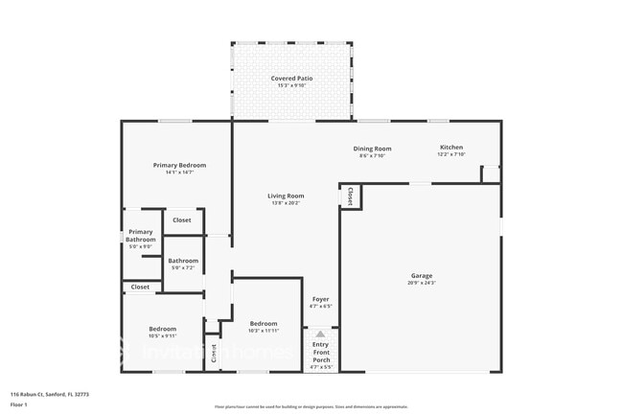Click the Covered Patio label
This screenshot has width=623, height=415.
click(x=291, y=79)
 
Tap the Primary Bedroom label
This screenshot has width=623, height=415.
click(x=179, y=165)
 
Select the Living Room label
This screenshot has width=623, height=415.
click(x=285, y=196)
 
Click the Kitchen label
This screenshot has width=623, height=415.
click(x=450, y=148)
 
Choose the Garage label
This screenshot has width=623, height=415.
click(x=422, y=275)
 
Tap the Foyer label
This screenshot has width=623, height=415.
click(x=321, y=300)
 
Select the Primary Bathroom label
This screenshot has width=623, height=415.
click(x=141, y=235)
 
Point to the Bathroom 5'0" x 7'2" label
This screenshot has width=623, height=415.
click(x=183, y=261)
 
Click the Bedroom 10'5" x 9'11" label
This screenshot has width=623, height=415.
click(x=161, y=328)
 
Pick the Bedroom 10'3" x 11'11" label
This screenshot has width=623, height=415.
click(x=264, y=323)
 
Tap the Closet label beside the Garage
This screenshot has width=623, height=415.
click(x=350, y=196)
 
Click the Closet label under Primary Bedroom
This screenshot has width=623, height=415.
click(x=181, y=220)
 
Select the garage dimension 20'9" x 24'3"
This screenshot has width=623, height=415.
click(x=422, y=284)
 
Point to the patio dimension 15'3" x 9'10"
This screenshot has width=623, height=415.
click(x=291, y=86)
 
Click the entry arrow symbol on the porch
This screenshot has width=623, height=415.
click(x=320, y=334)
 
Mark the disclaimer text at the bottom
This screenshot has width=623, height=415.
click(x=311, y=406)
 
